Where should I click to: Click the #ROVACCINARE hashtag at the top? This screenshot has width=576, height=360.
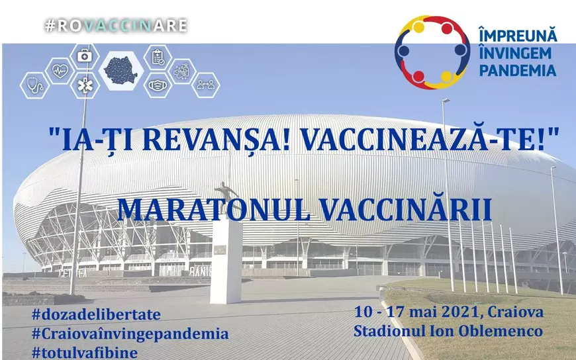[x=116, y=26]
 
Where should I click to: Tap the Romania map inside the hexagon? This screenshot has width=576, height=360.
[x=121, y=70]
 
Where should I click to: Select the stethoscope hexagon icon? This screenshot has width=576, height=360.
[x=35, y=85]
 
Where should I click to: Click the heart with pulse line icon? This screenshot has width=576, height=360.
[x=59, y=69]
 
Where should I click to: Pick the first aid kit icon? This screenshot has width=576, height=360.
[x=84, y=56]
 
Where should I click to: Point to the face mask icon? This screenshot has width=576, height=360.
[x=157, y=85]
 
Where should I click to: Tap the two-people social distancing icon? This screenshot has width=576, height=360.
[x=206, y=84]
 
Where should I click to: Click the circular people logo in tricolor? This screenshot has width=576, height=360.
[x=432, y=52]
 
